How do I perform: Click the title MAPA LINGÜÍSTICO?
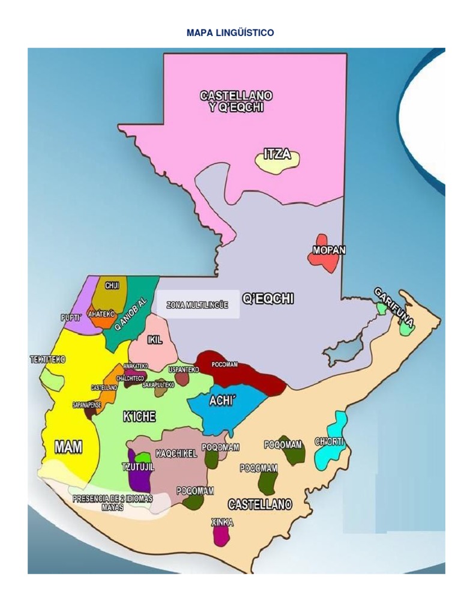[x=230, y=33]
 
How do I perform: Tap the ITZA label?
[x=277, y=154]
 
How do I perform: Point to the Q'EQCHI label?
[x=268, y=298]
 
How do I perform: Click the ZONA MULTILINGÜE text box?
[x=197, y=305]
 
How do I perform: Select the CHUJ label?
[x=112, y=286]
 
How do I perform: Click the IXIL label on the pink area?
[x=155, y=341]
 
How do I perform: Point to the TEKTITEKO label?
[x=47, y=360]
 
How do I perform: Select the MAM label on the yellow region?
[x=68, y=447]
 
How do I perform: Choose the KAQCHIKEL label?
[x=176, y=453]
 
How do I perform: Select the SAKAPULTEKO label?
[x=158, y=385]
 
